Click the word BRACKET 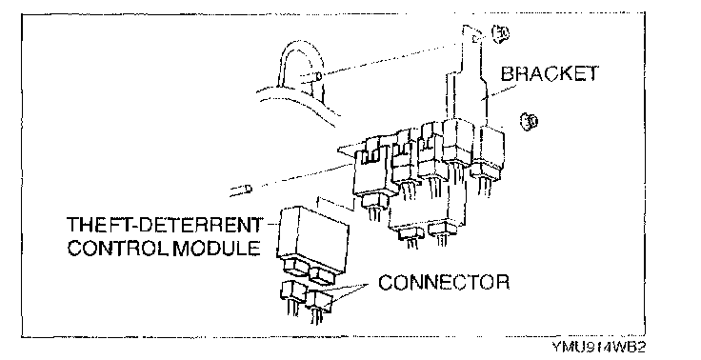point(549,73)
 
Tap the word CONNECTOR point(444,282)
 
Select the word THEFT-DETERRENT point(165,225)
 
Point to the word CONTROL point(118,248)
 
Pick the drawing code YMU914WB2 point(598,347)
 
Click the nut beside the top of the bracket point(501,32)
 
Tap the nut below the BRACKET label point(530,121)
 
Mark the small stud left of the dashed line point(241,190)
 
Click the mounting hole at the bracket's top point(475,38)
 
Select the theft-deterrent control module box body point(313,235)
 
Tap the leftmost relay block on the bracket point(372,175)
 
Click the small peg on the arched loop point(318,76)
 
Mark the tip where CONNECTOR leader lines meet point(368,284)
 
